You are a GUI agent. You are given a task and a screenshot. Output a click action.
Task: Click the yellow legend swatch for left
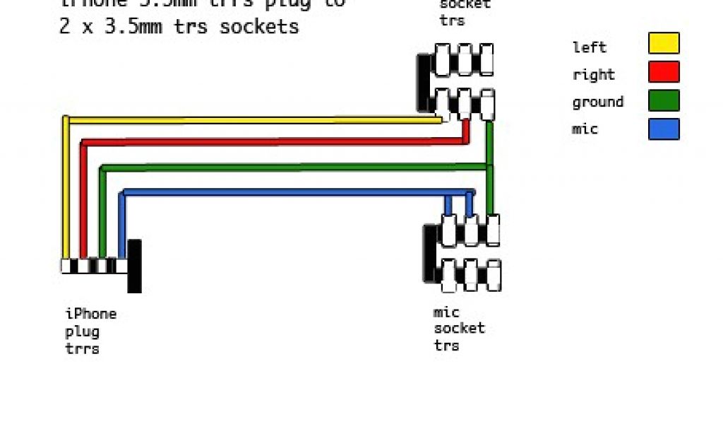pos(664,43)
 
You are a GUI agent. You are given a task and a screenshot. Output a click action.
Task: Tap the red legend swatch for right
pos(664,72)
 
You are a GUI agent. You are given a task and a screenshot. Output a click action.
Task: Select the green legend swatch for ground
pos(664,100)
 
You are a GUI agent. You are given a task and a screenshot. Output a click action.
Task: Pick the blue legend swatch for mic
pos(664,129)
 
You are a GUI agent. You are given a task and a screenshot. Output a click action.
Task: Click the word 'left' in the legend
pos(589,47)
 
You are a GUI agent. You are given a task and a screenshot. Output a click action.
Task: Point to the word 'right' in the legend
pos(593,75)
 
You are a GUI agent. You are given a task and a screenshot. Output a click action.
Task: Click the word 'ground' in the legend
pos(597,102)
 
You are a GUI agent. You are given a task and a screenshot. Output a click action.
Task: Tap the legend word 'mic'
pos(585,129)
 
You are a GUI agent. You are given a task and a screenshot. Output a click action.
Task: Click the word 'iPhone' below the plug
pos(90,314)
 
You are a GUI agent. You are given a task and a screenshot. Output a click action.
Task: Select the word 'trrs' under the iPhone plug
pos(82,348)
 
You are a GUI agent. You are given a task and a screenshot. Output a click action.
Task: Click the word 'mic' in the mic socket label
pos(446,312)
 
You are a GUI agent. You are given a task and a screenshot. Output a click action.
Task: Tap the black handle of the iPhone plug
pos(134,266)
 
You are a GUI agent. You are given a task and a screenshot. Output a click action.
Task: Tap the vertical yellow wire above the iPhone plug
pos(66,191)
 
